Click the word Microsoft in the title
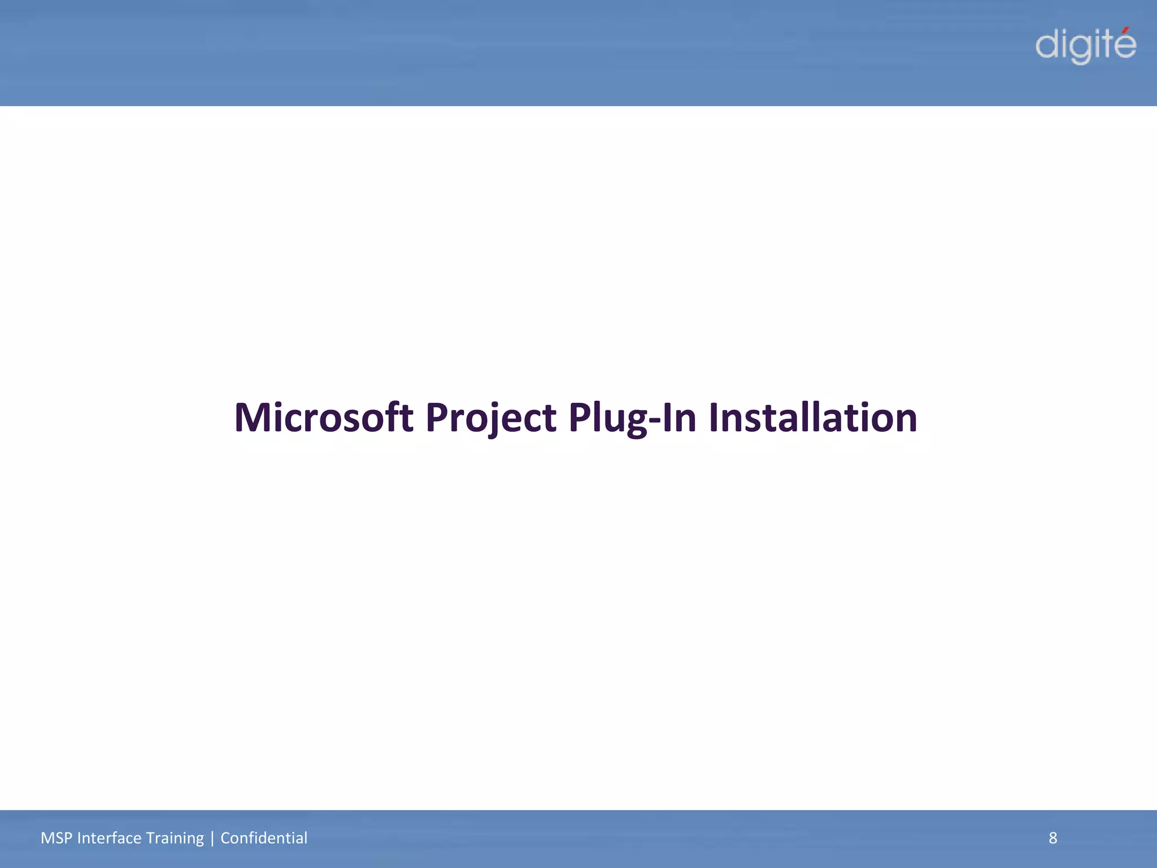[x=323, y=418]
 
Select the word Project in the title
[x=490, y=418]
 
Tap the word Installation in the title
[x=812, y=418]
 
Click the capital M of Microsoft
[x=253, y=418]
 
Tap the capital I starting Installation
[x=714, y=418]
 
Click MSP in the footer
[x=56, y=838]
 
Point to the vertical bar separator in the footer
[x=212, y=838]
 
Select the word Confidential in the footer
[x=264, y=838]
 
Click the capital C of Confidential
[x=224, y=838]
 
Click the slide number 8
[x=1052, y=838]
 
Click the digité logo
[x=1085, y=45]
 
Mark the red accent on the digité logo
[x=1128, y=30]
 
